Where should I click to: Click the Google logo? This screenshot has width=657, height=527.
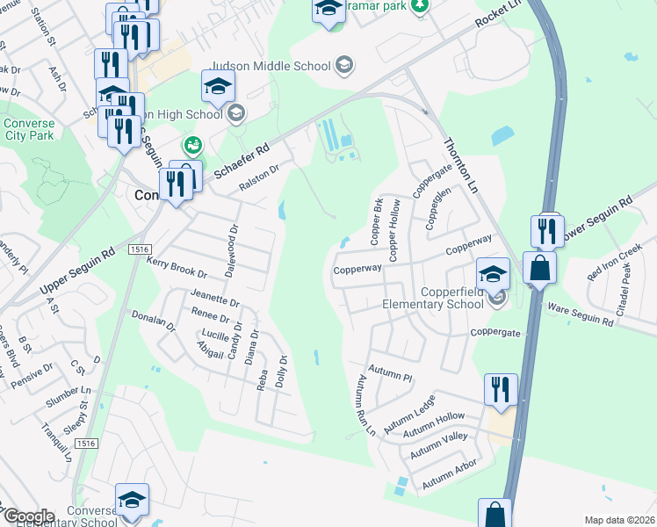coord(28,516)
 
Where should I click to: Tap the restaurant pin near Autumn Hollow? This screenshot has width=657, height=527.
coord(501,388)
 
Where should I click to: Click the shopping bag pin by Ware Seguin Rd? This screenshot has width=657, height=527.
coord(539,267)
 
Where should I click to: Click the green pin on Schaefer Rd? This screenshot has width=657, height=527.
coord(191,145)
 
